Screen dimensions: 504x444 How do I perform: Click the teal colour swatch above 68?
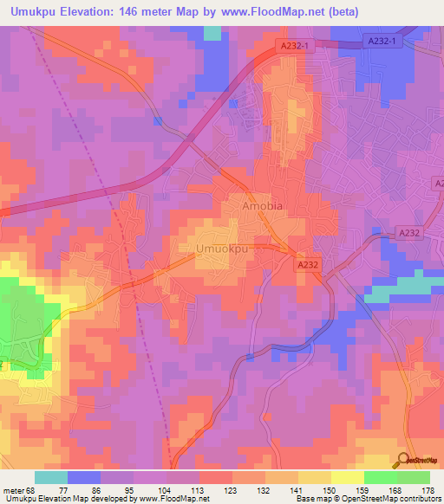click(51, 477)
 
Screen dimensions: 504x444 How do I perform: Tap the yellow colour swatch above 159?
click(348, 477)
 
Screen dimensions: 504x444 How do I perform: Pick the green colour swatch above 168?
click(381, 477)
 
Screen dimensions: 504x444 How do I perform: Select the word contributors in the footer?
click(414, 499)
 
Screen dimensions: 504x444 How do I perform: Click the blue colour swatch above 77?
click(84, 477)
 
